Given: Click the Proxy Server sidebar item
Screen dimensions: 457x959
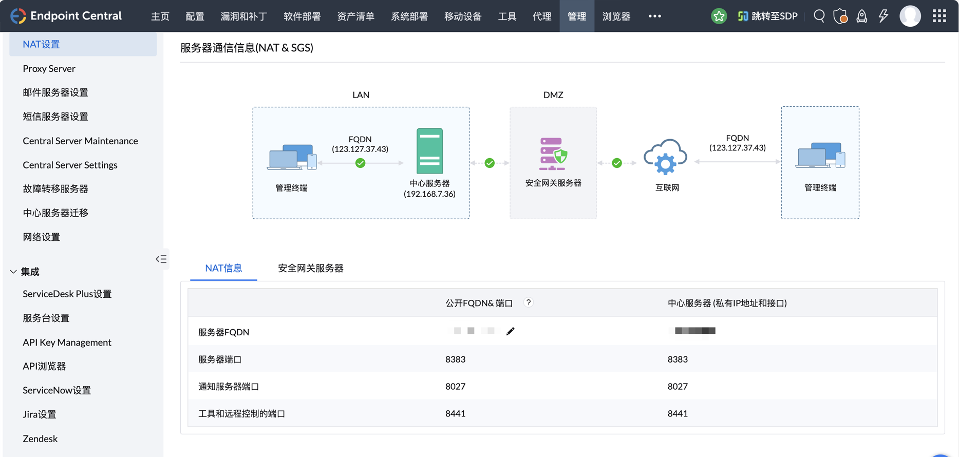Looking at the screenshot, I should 49,68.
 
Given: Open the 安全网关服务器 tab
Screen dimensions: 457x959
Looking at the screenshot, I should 310,268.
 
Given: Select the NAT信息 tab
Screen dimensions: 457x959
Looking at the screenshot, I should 223,268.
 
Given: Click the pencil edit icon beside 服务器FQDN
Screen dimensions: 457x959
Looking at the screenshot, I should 510,331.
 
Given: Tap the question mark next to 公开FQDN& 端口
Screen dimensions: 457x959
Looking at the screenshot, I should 528,302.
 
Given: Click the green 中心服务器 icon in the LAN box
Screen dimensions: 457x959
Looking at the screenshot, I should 429,151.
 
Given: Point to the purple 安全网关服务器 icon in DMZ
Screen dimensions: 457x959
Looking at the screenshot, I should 553,154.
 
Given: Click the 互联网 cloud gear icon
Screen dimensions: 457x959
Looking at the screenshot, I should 666,157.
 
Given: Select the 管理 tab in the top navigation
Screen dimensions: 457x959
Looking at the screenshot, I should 576,16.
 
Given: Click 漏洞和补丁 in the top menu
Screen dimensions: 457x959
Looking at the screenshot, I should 243,16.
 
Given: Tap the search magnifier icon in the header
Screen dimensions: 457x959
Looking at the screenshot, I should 819,16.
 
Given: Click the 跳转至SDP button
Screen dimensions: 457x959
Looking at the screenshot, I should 767,16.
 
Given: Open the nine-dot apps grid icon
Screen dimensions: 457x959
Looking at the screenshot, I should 939,16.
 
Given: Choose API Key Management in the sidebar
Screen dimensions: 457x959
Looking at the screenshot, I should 67,342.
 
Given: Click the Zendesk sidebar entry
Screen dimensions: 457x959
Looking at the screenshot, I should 40,439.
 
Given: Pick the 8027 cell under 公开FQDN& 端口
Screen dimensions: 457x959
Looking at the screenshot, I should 455,386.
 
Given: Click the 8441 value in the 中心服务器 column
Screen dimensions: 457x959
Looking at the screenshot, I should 678,413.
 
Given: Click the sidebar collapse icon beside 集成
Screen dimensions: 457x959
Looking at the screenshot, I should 161,259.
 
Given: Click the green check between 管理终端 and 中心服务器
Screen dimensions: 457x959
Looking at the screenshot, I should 360,163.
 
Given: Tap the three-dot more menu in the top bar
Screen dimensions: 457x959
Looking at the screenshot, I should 654,16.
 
